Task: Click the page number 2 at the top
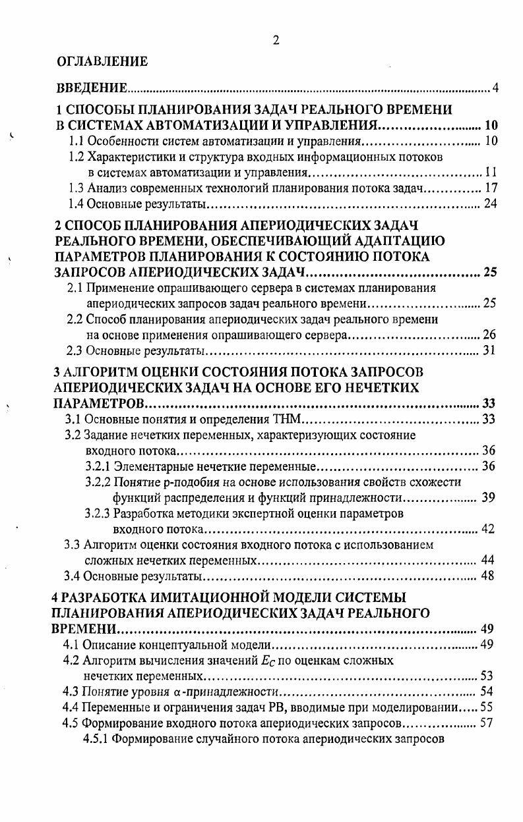pyautogui.click(x=276, y=40)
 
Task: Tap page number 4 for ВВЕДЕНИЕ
pyautogui.click(x=495, y=88)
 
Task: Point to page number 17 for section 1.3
pyautogui.click(x=489, y=188)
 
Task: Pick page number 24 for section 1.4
pyautogui.click(x=489, y=204)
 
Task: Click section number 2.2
pyautogui.click(x=76, y=319)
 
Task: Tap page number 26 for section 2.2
pyautogui.click(x=489, y=335)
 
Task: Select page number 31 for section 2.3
pyautogui.click(x=489, y=350)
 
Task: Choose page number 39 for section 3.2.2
pyautogui.click(x=488, y=497)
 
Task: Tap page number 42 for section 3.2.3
pyautogui.click(x=488, y=529)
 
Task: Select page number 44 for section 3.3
pyautogui.click(x=488, y=561)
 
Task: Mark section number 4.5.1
pyautogui.click(x=95, y=738)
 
